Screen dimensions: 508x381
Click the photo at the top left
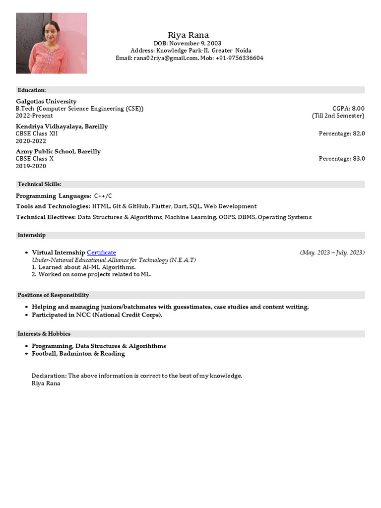pos(51,43)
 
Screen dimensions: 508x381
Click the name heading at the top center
pos(188,35)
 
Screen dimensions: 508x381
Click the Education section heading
pos(32,90)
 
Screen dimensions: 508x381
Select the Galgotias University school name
pos(46,101)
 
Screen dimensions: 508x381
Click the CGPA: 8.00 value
pos(348,108)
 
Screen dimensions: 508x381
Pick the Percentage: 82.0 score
pos(342,133)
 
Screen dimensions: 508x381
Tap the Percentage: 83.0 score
pos(342,159)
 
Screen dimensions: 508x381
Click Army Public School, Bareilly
pos(58,151)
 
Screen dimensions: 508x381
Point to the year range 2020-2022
pos(31,141)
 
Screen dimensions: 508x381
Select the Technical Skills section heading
pos(39,184)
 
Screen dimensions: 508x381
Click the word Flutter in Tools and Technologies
pos(161,206)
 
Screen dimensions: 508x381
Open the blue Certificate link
pos(101,253)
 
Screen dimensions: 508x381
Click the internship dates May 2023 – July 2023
pos(332,253)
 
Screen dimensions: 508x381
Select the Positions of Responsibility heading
pos(53,295)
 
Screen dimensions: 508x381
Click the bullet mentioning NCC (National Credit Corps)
pos(97,315)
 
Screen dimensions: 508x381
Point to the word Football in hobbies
pos(45,354)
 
